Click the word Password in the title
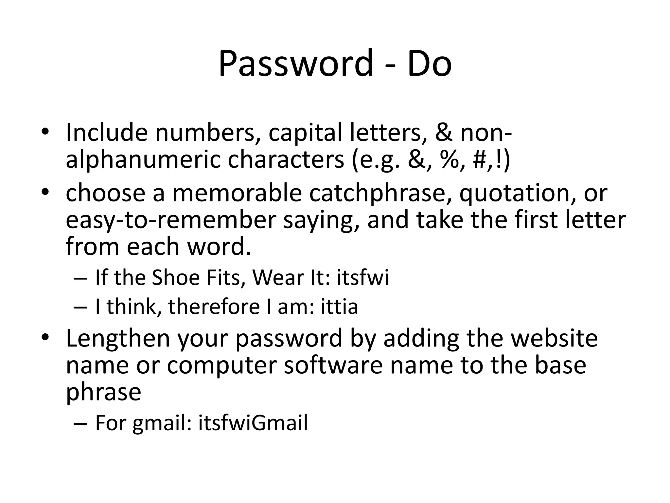(x=295, y=63)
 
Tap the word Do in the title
(x=429, y=63)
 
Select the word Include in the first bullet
(x=107, y=133)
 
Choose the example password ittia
(x=340, y=307)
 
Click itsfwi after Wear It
(x=363, y=278)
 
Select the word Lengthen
(x=118, y=339)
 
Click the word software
(x=333, y=365)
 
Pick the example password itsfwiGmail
(x=253, y=423)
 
